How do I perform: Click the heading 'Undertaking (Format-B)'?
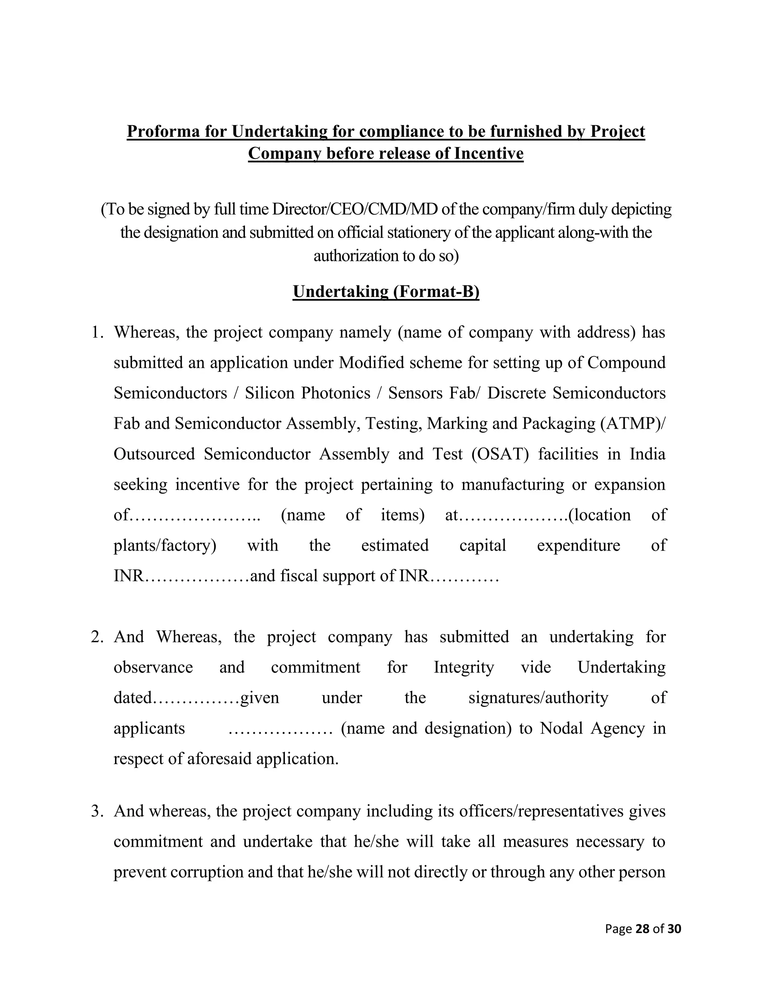click(386, 291)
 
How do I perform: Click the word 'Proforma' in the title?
click(163, 131)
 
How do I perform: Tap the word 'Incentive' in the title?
click(489, 153)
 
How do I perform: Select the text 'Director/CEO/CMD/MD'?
click(354, 209)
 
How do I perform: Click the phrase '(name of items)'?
click(352, 515)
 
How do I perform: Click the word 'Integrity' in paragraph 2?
click(463, 667)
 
